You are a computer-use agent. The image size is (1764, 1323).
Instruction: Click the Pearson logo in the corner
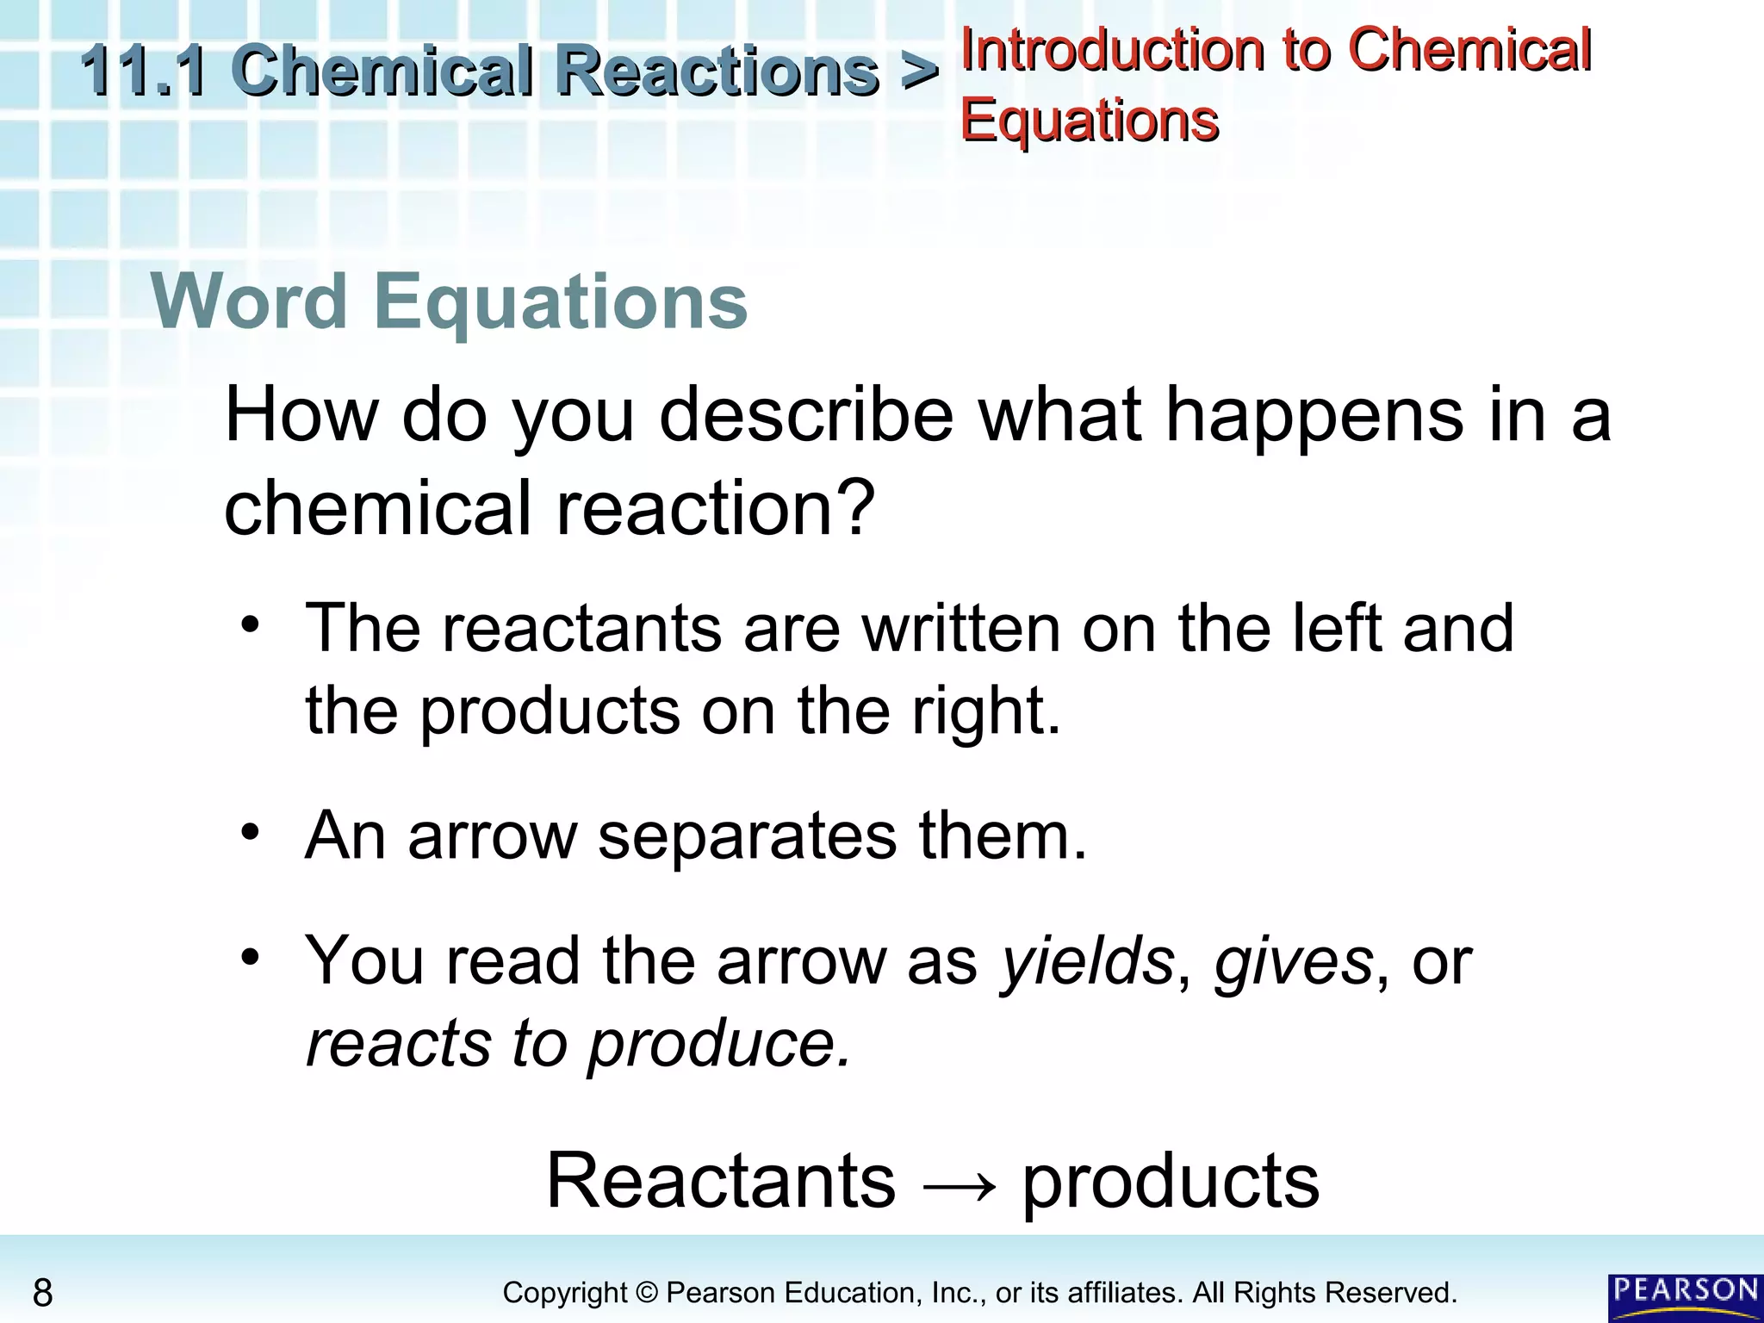1685,1295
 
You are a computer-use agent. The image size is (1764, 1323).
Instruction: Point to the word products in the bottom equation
1171,1182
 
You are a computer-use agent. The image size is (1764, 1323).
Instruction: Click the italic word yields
1087,961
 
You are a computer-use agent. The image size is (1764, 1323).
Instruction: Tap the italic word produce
719,1044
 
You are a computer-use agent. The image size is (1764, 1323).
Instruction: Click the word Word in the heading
249,301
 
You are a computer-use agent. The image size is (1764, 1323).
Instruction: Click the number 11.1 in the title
143,71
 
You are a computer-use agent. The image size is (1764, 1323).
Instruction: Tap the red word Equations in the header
1090,120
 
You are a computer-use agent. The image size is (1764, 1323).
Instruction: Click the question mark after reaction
855,507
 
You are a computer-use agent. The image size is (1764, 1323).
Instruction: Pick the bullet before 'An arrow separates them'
250,832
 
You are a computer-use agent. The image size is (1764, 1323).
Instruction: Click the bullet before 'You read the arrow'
250,957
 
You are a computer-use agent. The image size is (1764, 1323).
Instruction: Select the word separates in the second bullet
747,835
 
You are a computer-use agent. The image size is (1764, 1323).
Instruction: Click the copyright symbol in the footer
646,1293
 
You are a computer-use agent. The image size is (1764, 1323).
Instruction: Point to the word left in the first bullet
1338,628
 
